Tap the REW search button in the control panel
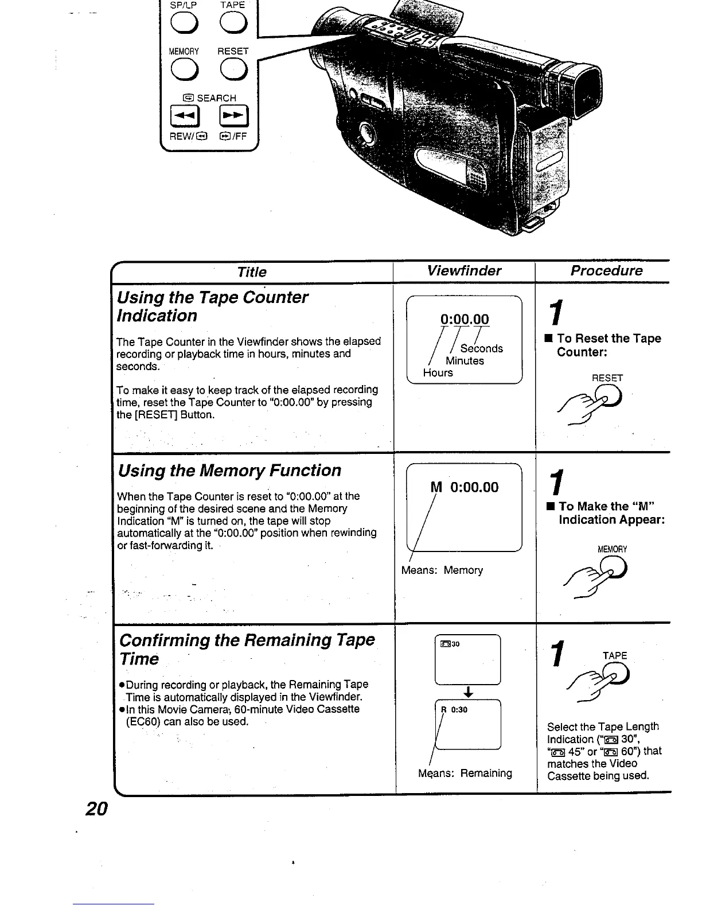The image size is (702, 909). point(184,117)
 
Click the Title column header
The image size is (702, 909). point(252,271)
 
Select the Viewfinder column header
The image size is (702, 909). point(464,271)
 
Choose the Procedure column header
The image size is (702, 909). point(606,271)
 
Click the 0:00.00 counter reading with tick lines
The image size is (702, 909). point(465,320)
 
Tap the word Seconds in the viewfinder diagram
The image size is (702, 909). point(481,348)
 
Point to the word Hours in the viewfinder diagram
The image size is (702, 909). point(438,373)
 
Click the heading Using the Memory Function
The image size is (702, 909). point(229,471)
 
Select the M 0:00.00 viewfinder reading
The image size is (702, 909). point(465,487)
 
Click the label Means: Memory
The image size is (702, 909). point(442,570)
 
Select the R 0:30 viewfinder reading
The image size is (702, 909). point(454,709)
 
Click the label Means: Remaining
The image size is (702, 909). point(465,773)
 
